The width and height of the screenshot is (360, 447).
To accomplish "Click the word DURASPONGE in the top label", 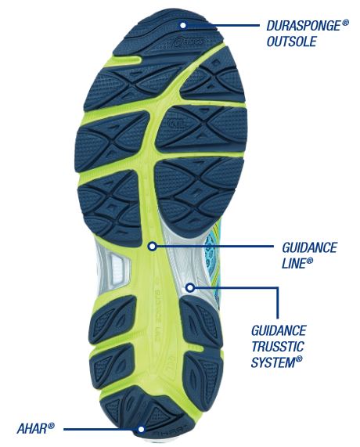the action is pos(304,26).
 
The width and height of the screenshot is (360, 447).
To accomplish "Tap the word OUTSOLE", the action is pos(292,41).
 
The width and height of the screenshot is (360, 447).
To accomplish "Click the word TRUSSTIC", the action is pos(278,346).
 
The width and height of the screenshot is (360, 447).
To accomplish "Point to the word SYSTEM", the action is pos(273,362).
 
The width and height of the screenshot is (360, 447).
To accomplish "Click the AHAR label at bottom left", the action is pos(32,428).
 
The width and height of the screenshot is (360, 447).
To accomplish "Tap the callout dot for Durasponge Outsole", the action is pos(183,25).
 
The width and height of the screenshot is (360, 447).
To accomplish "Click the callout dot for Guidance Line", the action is pos(153,246).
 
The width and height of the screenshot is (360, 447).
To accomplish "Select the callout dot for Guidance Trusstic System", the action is pos(190,287).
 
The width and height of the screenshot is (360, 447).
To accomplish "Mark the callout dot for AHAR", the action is pos(141,429).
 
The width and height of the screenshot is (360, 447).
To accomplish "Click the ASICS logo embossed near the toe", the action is pos(189,41).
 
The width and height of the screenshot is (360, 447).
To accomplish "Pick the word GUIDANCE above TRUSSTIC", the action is pos(279,330).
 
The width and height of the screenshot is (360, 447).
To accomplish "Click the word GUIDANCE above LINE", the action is pos(309,247).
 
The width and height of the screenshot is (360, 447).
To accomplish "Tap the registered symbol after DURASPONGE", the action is pos(345,23).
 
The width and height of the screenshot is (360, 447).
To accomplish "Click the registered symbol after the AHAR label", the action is pos(51,426).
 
